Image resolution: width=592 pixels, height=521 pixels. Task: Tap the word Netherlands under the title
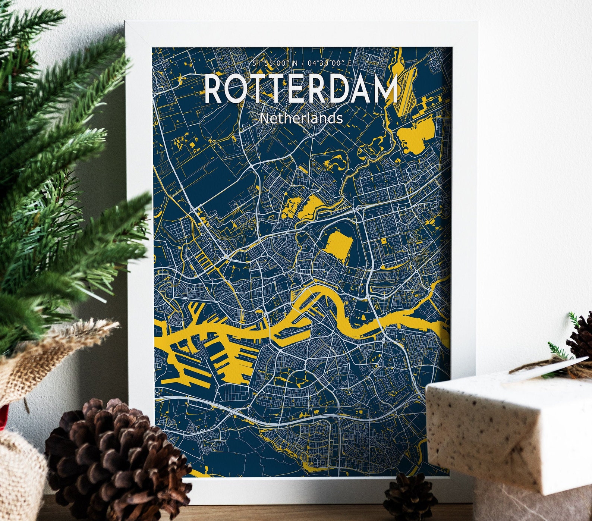click(x=301, y=118)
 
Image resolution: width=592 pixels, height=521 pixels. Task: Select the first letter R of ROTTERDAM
click(x=214, y=90)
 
